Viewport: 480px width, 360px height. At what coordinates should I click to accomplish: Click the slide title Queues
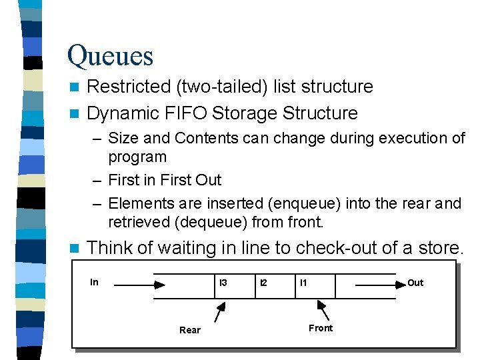[x=110, y=55]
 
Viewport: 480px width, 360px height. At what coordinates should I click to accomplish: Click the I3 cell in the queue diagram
[x=223, y=283]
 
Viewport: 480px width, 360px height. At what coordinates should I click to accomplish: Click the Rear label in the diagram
[x=189, y=330]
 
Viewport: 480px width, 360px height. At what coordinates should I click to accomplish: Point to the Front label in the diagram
[x=321, y=328]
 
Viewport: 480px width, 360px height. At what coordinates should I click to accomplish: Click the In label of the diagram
[x=94, y=282]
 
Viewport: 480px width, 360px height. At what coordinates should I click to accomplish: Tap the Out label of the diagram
[x=415, y=283]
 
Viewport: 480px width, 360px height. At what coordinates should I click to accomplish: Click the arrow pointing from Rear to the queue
[x=219, y=311]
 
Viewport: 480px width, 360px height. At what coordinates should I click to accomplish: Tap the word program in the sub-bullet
[x=137, y=157]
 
